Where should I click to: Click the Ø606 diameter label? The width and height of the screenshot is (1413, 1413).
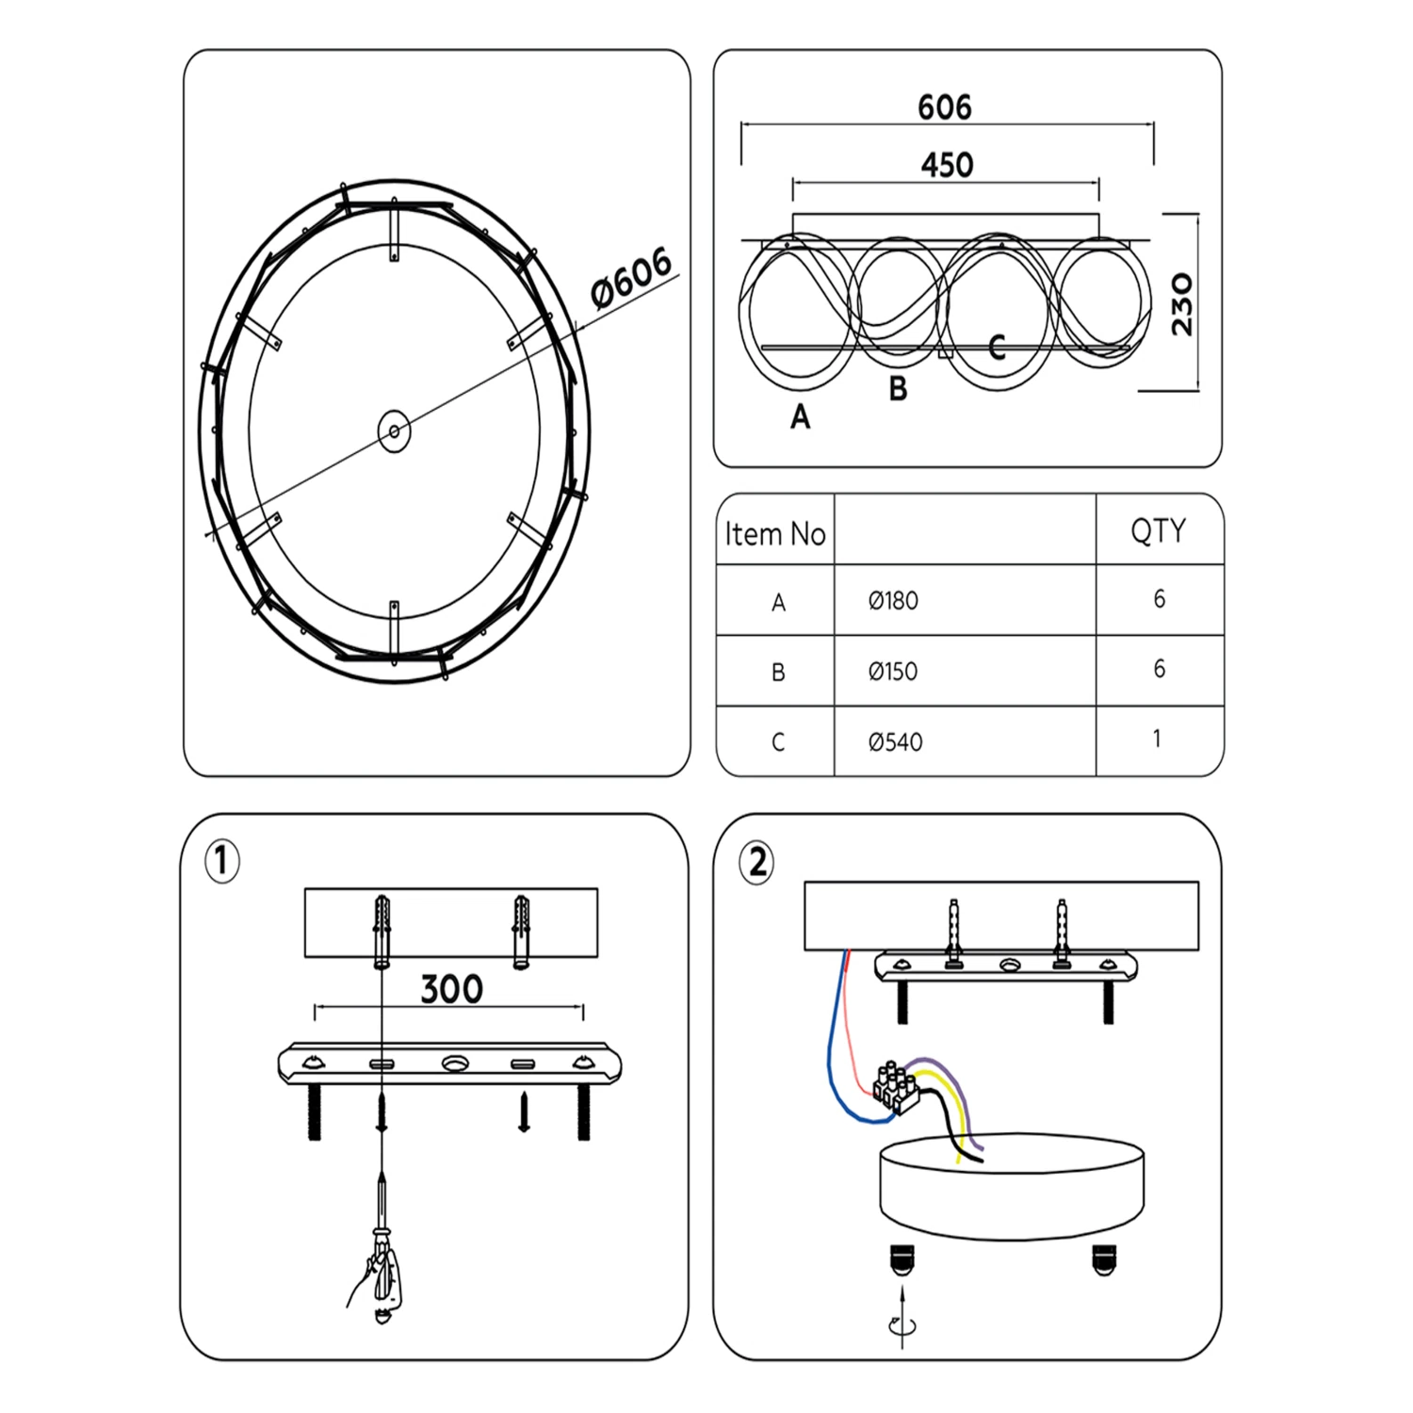(632, 278)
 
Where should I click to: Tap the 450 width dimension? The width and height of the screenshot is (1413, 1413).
(947, 165)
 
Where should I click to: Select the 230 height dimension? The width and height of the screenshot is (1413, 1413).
(1181, 304)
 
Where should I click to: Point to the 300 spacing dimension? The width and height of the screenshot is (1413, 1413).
(451, 989)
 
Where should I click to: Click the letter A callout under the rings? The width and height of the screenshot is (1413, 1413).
(800, 415)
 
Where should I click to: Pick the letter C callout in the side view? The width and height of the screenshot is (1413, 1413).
(998, 348)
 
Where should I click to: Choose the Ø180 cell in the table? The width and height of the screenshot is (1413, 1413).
(893, 600)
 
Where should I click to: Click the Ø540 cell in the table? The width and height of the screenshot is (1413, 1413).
(895, 742)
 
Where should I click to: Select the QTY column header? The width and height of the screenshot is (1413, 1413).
(1158, 531)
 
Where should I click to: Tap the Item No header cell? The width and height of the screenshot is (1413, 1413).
(774, 534)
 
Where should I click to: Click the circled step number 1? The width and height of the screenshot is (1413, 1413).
(222, 861)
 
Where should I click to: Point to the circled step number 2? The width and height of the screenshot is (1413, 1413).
(757, 863)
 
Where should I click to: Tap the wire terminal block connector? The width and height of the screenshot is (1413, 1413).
(896, 1087)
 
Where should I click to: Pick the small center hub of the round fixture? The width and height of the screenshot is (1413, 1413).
(394, 431)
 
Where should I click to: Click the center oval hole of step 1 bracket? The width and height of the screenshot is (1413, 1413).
(454, 1064)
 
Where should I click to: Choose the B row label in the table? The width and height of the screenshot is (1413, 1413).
(778, 672)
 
